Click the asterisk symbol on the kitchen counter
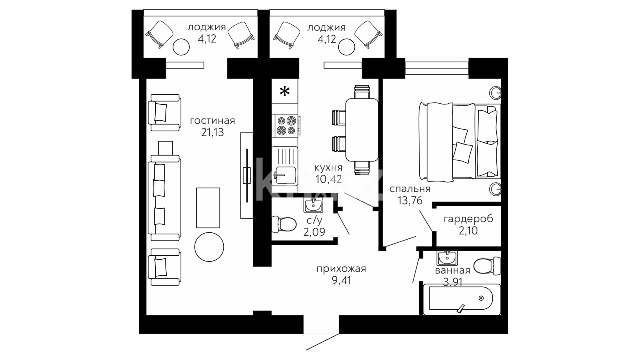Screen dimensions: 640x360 (284, 91)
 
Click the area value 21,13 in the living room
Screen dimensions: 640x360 (212, 132)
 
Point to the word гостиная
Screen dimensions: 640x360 (212, 121)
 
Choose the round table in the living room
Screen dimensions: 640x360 (209, 247)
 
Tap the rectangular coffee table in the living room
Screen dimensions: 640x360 (208, 208)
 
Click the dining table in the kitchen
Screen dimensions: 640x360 (362, 129)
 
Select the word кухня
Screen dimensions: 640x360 (328, 167)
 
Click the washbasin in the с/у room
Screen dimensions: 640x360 (313, 205)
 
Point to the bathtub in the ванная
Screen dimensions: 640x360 (461, 299)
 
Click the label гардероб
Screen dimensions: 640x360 (468, 219)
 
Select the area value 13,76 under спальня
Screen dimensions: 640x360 (410, 200)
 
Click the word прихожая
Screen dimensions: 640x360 (341, 269)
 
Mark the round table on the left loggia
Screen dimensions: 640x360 (181, 47)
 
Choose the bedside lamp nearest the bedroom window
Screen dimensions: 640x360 (496, 92)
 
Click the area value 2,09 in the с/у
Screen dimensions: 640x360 (314, 232)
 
